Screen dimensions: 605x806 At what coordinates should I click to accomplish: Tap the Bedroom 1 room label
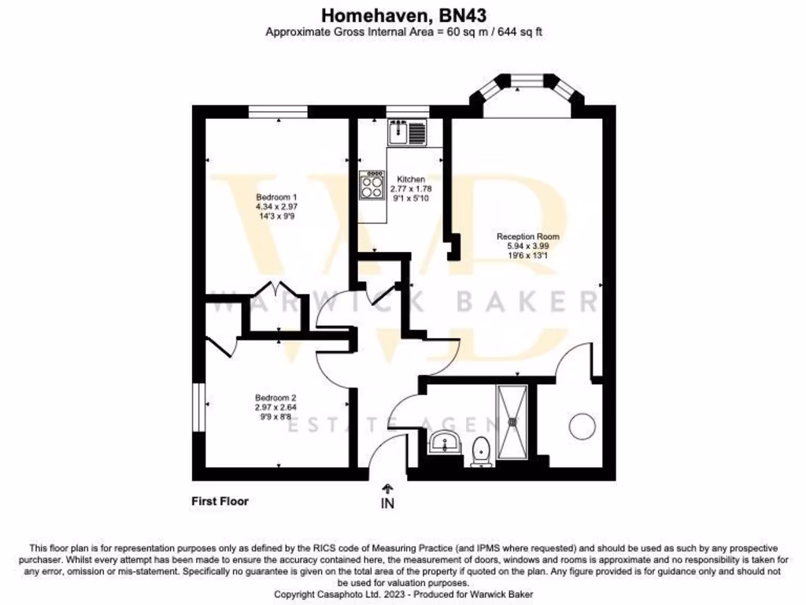pos(276,197)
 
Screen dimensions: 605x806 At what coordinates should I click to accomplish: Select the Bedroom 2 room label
pos(275,398)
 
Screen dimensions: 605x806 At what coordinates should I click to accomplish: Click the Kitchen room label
pos(411,180)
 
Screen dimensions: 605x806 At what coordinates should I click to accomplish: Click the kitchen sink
pos(406,132)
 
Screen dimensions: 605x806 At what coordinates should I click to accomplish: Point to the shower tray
pos(515,421)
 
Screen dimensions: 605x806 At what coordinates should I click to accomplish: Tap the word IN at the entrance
pos(387,503)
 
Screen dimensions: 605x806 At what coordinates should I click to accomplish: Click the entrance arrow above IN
pos(387,488)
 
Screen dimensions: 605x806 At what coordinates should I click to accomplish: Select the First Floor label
pos(220,501)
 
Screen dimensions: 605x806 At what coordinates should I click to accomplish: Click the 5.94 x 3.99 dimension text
pos(527,246)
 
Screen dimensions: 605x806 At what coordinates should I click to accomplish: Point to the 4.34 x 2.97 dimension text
pos(276,206)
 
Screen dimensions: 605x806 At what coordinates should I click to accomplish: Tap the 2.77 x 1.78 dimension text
pos(411,189)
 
